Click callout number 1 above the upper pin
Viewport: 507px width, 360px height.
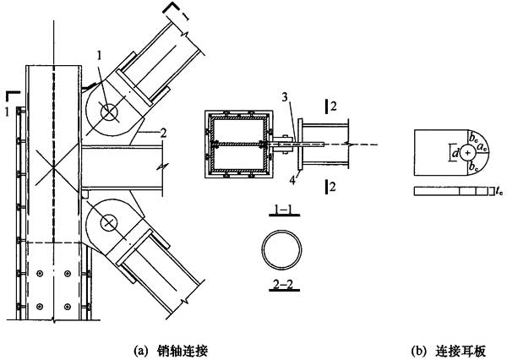[100, 56]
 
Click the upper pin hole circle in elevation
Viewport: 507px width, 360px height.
[108, 111]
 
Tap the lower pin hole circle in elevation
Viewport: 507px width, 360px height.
[108, 223]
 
